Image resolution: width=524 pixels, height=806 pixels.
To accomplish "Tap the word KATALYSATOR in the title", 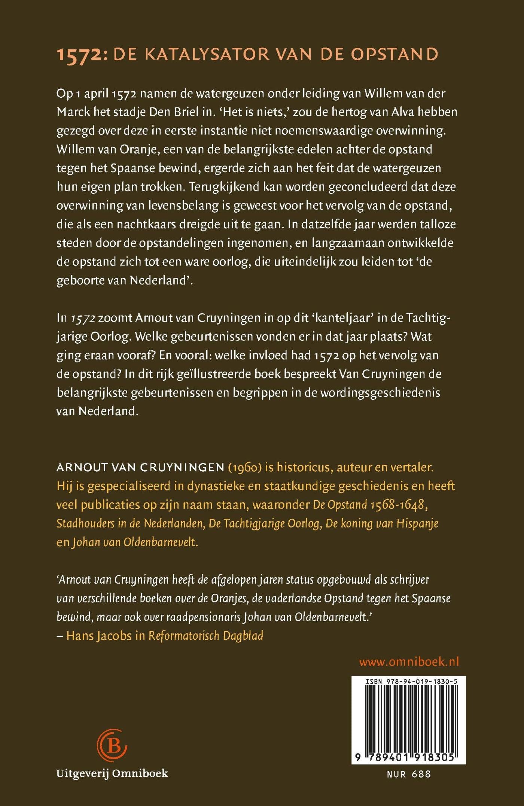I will [207, 55].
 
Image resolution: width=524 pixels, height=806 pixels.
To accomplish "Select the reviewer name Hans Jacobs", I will [99, 636].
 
